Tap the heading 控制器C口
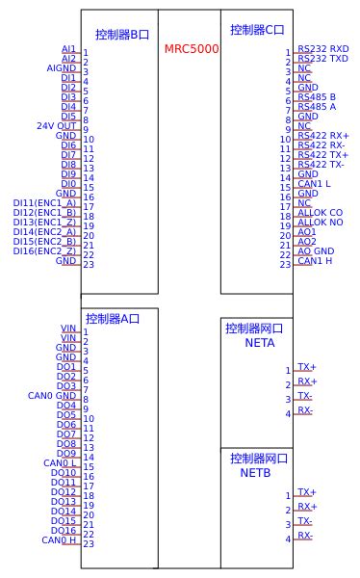pos(255,30)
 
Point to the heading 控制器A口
pos(111,319)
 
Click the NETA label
pos(260,343)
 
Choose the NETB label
pos(256,473)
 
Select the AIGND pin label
pos(62,68)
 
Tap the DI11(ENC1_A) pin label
pos(45,203)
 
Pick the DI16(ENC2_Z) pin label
pos(45,251)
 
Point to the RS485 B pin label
pos(317,97)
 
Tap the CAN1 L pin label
pos(315,184)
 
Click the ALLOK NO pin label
pos(321,223)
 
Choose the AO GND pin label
pos(316,251)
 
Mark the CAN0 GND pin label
pos(52,396)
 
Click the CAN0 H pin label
pos(59,540)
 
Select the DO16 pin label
pos(64,531)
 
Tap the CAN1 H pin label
pos(315,261)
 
